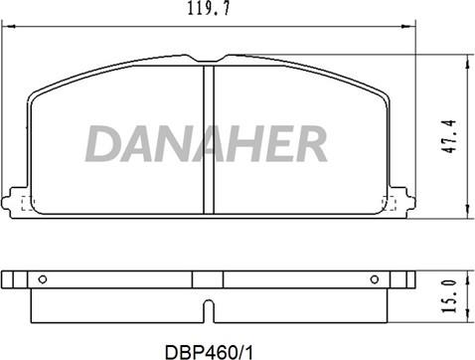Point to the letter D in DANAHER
[x=103, y=145]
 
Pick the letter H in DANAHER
[x=243, y=145]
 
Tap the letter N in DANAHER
[x=173, y=145]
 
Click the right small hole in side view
[x=374, y=278]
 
